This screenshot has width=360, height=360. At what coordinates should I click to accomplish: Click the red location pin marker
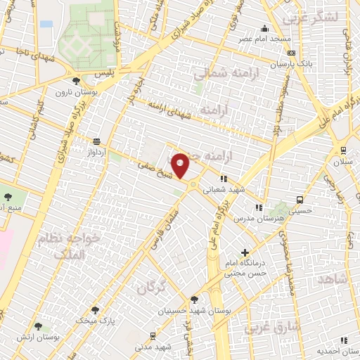(x=181, y=165)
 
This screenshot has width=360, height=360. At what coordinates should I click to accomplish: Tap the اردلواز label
(x=95, y=150)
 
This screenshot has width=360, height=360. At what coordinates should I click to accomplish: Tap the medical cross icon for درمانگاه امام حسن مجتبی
(x=245, y=252)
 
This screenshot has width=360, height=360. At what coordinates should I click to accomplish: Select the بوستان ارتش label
(x=38, y=337)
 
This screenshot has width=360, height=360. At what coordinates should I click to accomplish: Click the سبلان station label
(x=342, y=161)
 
